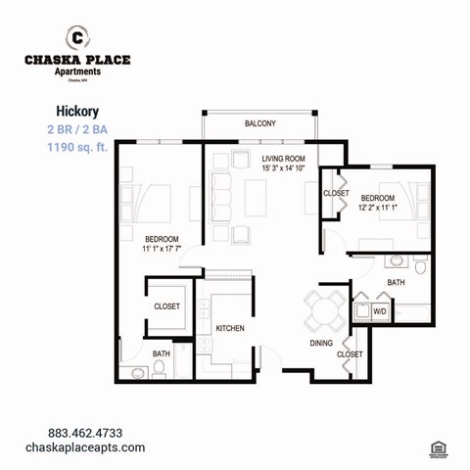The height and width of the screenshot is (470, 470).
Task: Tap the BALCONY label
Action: click(x=259, y=123)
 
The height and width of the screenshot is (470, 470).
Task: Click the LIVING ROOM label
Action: click(x=283, y=158)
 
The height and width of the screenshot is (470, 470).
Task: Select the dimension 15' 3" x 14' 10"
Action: click(x=283, y=168)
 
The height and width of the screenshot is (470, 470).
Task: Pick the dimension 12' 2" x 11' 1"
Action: click(x=377, y=208)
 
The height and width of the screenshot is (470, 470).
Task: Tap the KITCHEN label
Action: click(x=230, y=328)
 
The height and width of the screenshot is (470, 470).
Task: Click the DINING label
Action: click(x=321, y=343)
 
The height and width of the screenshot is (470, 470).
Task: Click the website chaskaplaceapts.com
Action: click(x=96, y=447)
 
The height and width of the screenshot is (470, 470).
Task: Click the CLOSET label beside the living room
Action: click(x=336, y=193)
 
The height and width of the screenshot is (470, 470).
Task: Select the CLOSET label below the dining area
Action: click(x=350, y=353)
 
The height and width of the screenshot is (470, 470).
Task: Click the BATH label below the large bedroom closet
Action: click(x=161, y=353)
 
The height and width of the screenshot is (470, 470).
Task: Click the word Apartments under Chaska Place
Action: click(x=76, y=70)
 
